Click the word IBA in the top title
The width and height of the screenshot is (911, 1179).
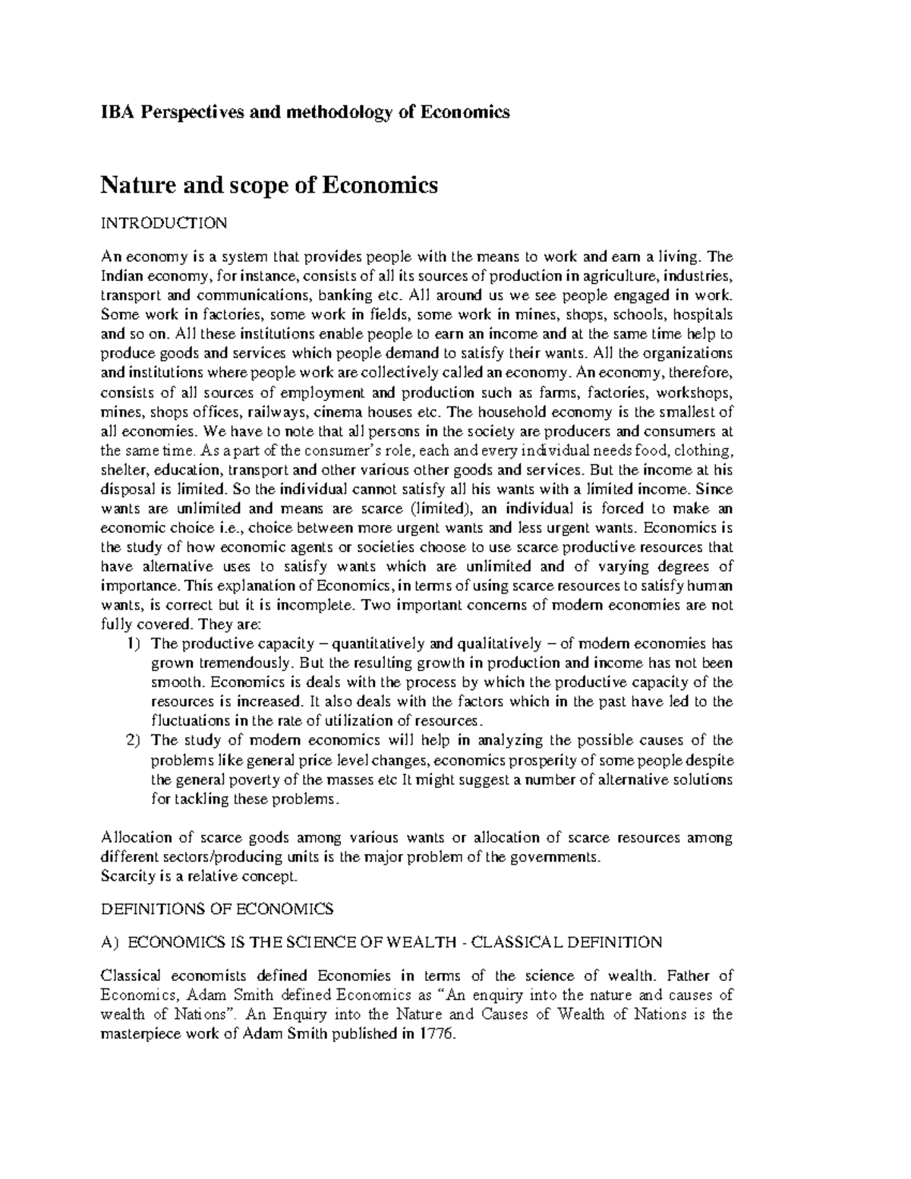[115, 112]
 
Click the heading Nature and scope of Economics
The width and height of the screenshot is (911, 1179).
[270, 184]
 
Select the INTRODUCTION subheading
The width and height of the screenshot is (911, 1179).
[164, 223]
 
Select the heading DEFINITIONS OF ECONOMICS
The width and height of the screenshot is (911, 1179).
[217, 909]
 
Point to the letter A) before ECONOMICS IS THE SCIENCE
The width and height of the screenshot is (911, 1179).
[110, 942]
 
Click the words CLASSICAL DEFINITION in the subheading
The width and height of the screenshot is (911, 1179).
[566, 942]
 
